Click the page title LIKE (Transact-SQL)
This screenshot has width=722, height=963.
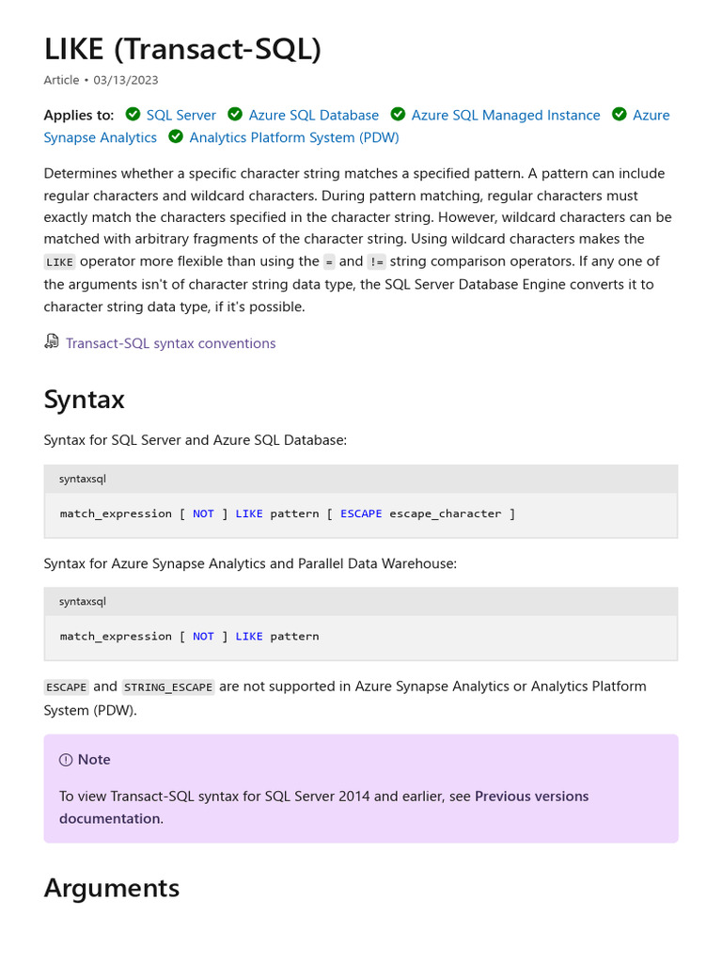point(182,49)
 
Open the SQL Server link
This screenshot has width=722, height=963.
point(180,115)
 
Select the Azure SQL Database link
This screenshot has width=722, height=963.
point(313,115)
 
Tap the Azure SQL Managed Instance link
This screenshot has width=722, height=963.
point(505,115)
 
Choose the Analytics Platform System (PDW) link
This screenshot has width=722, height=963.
point(293,137)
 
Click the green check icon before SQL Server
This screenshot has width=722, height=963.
point(133,115)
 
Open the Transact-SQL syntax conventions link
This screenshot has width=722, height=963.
point(170,343)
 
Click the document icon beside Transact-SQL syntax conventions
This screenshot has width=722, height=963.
point(52,342)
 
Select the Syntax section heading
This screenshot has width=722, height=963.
point(84,400)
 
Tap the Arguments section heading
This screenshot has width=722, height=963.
point(111,888)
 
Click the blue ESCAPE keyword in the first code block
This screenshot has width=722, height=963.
point(361,513)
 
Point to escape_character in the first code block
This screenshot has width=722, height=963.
point(445,513)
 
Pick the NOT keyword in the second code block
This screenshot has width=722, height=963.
point(203,636)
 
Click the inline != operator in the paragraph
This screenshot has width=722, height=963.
point(376,262)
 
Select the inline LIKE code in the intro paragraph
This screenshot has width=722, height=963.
point(59,262)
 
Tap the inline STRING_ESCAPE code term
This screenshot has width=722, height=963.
point(168,687)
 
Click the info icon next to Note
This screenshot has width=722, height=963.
point(66,760)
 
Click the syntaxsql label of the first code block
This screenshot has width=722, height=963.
point(83,479)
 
